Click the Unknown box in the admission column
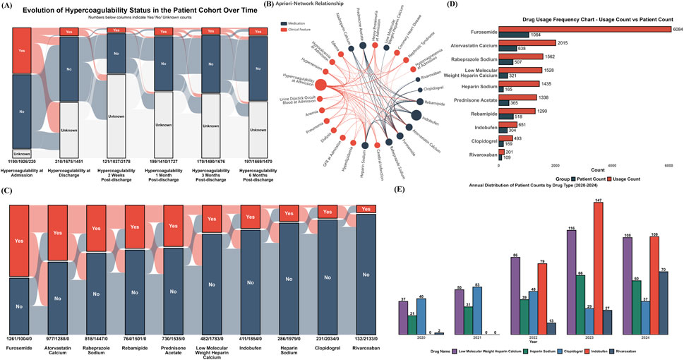click(x=21, y=153)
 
